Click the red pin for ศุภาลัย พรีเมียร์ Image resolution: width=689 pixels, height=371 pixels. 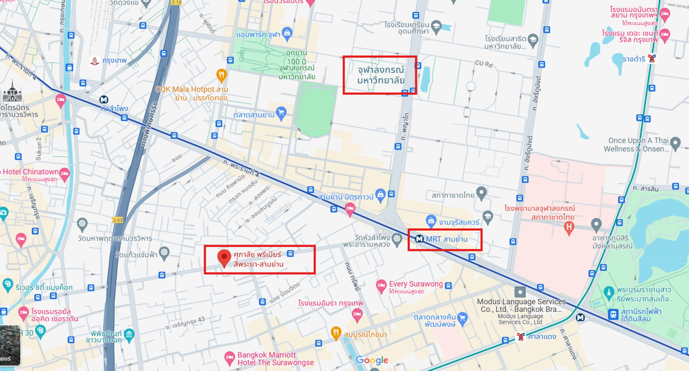pos(224,257)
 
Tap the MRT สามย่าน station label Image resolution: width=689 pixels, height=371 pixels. pos(446,239)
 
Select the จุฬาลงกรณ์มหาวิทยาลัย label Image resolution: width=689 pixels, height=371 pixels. pos(381,75)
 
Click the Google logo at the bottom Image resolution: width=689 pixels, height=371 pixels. pos(372,360)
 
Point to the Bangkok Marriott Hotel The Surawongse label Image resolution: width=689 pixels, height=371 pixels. pos(275,359)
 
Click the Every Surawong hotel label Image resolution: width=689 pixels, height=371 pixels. pos(416,284)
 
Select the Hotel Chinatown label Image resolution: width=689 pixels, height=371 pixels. pos(30,172)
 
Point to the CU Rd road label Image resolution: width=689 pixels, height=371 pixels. pos(484,64)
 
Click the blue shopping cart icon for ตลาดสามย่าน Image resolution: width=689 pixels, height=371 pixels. pos(281,113)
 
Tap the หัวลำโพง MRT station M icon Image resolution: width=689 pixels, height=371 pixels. pos(103,100)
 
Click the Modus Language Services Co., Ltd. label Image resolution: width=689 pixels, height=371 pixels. pos(521,305)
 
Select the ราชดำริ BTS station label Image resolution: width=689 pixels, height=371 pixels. pos(634,59)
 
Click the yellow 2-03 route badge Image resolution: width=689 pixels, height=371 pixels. pos(118,220)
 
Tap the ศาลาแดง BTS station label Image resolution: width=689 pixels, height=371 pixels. pos(542,337)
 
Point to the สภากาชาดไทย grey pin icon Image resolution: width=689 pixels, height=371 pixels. pos(481,192)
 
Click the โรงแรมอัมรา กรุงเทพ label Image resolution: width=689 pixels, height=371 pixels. pos(330,303)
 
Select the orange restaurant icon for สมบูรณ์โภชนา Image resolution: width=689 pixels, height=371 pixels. pos(336,333)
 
